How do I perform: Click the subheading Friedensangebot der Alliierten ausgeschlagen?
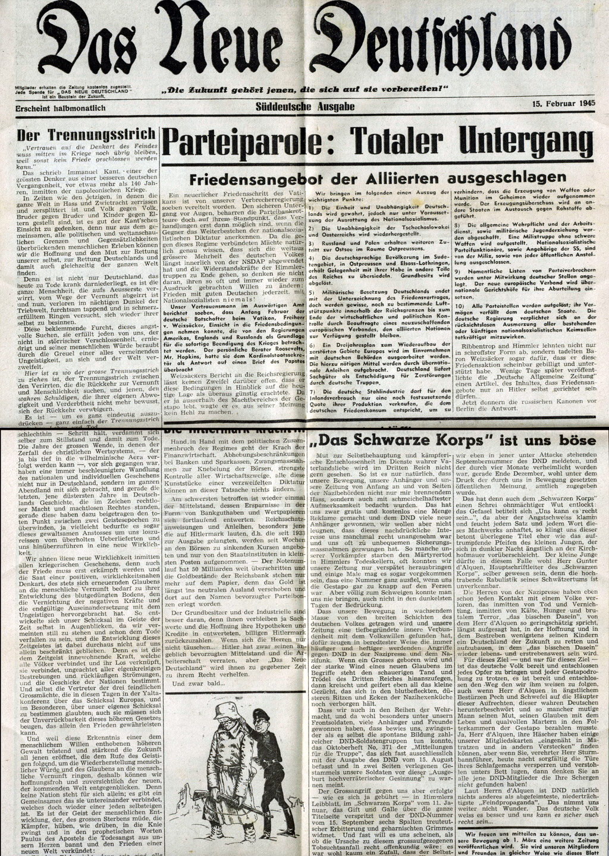coord(378,178)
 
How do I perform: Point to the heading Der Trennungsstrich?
coord(87,133)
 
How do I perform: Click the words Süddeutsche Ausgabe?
coord(305,106)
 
